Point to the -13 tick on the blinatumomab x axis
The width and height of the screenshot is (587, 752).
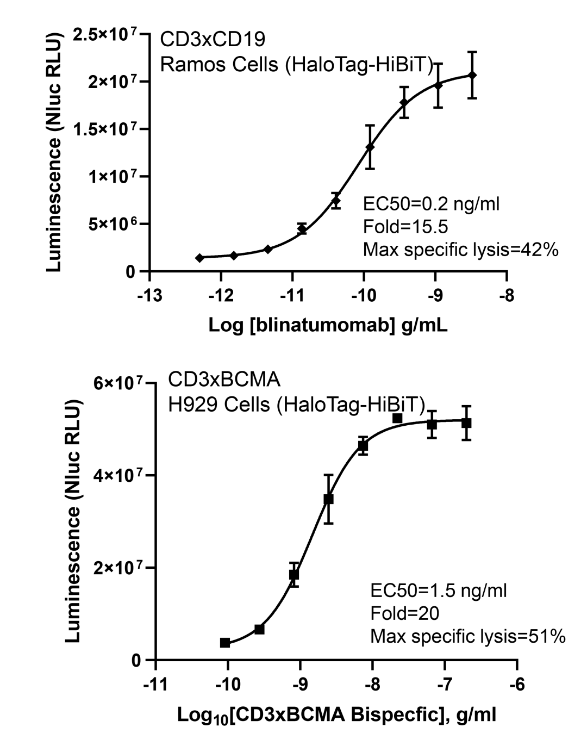pyautogui.click(x=150, y=296)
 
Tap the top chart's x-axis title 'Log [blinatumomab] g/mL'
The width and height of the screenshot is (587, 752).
pyautogui.click(x=328, y=325)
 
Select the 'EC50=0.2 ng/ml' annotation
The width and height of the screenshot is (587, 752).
pyautogui.click(x=431, y=204)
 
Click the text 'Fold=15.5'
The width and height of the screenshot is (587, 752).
pyautogui.click(x=405, y=227)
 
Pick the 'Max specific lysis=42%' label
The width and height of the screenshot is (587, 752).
pyautogui.click(x=460, y=250)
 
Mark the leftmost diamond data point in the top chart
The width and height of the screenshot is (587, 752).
pyautogui.click(x=199, y=258)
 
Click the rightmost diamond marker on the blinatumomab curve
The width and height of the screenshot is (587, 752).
pyautogui.click(x=472, y=75)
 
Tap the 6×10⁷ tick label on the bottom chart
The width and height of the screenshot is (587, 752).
pyautogui.click(x=120, y=383)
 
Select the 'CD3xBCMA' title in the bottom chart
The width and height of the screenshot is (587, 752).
pyautogui.click(x=224, y=379)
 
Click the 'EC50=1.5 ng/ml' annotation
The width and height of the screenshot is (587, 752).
pyautogui.click(x=438, y=590)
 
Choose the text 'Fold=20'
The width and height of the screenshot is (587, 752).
pyautogui.click(x=404, y=613)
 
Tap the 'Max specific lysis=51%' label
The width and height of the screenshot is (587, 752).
pyautogui.click(x=467, y=636)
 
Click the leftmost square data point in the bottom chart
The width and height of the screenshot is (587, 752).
pyautogui.click(x=225, y=643)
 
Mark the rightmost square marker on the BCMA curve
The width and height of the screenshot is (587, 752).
pyautogui.click(x=466, y=423)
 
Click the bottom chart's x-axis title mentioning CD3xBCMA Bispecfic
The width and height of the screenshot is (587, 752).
pyautogui.click(x=336, y=714)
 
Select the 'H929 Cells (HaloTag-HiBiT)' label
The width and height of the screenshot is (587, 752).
pyautogui.click(x=296, y=404)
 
